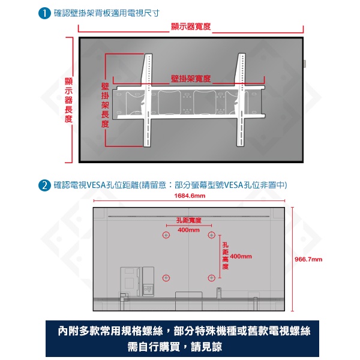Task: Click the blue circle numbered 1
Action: point(44,13)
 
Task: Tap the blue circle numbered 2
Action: point(44,185)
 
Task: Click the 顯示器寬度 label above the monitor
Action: point(191,26)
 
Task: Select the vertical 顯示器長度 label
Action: point(68,100)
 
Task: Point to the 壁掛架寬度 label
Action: point(191,79)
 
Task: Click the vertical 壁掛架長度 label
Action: point(105,106)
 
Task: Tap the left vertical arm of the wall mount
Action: point(147,100)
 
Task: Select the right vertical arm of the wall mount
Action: point(241,100)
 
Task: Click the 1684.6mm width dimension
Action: point(190,196)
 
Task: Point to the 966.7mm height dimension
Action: point(308,259)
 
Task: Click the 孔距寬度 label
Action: point(189,220)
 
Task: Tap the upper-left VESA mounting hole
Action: point(166,235)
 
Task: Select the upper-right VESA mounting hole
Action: point(211,235)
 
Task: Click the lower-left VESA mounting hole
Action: point(166,278)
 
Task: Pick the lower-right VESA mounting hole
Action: point(211,278)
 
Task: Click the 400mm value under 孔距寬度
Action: point(188,230)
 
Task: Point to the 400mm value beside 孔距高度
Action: point(241,256)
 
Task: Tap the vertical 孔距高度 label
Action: point(226,256)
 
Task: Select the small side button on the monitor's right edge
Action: point(305,64)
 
